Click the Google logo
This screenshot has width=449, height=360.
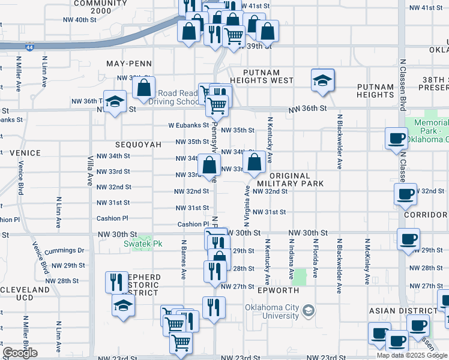20,353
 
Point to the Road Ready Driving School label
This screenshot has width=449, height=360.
178,97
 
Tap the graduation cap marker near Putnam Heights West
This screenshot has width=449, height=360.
322,80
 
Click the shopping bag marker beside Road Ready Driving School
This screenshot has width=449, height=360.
144,88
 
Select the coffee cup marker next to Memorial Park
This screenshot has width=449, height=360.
396,139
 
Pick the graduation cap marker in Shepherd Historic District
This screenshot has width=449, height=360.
123,305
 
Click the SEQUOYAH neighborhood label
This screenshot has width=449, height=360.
139,145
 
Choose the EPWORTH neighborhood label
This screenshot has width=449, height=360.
277,290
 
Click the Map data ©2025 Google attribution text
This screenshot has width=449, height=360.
412,355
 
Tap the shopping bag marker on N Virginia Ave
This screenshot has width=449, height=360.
255,161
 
